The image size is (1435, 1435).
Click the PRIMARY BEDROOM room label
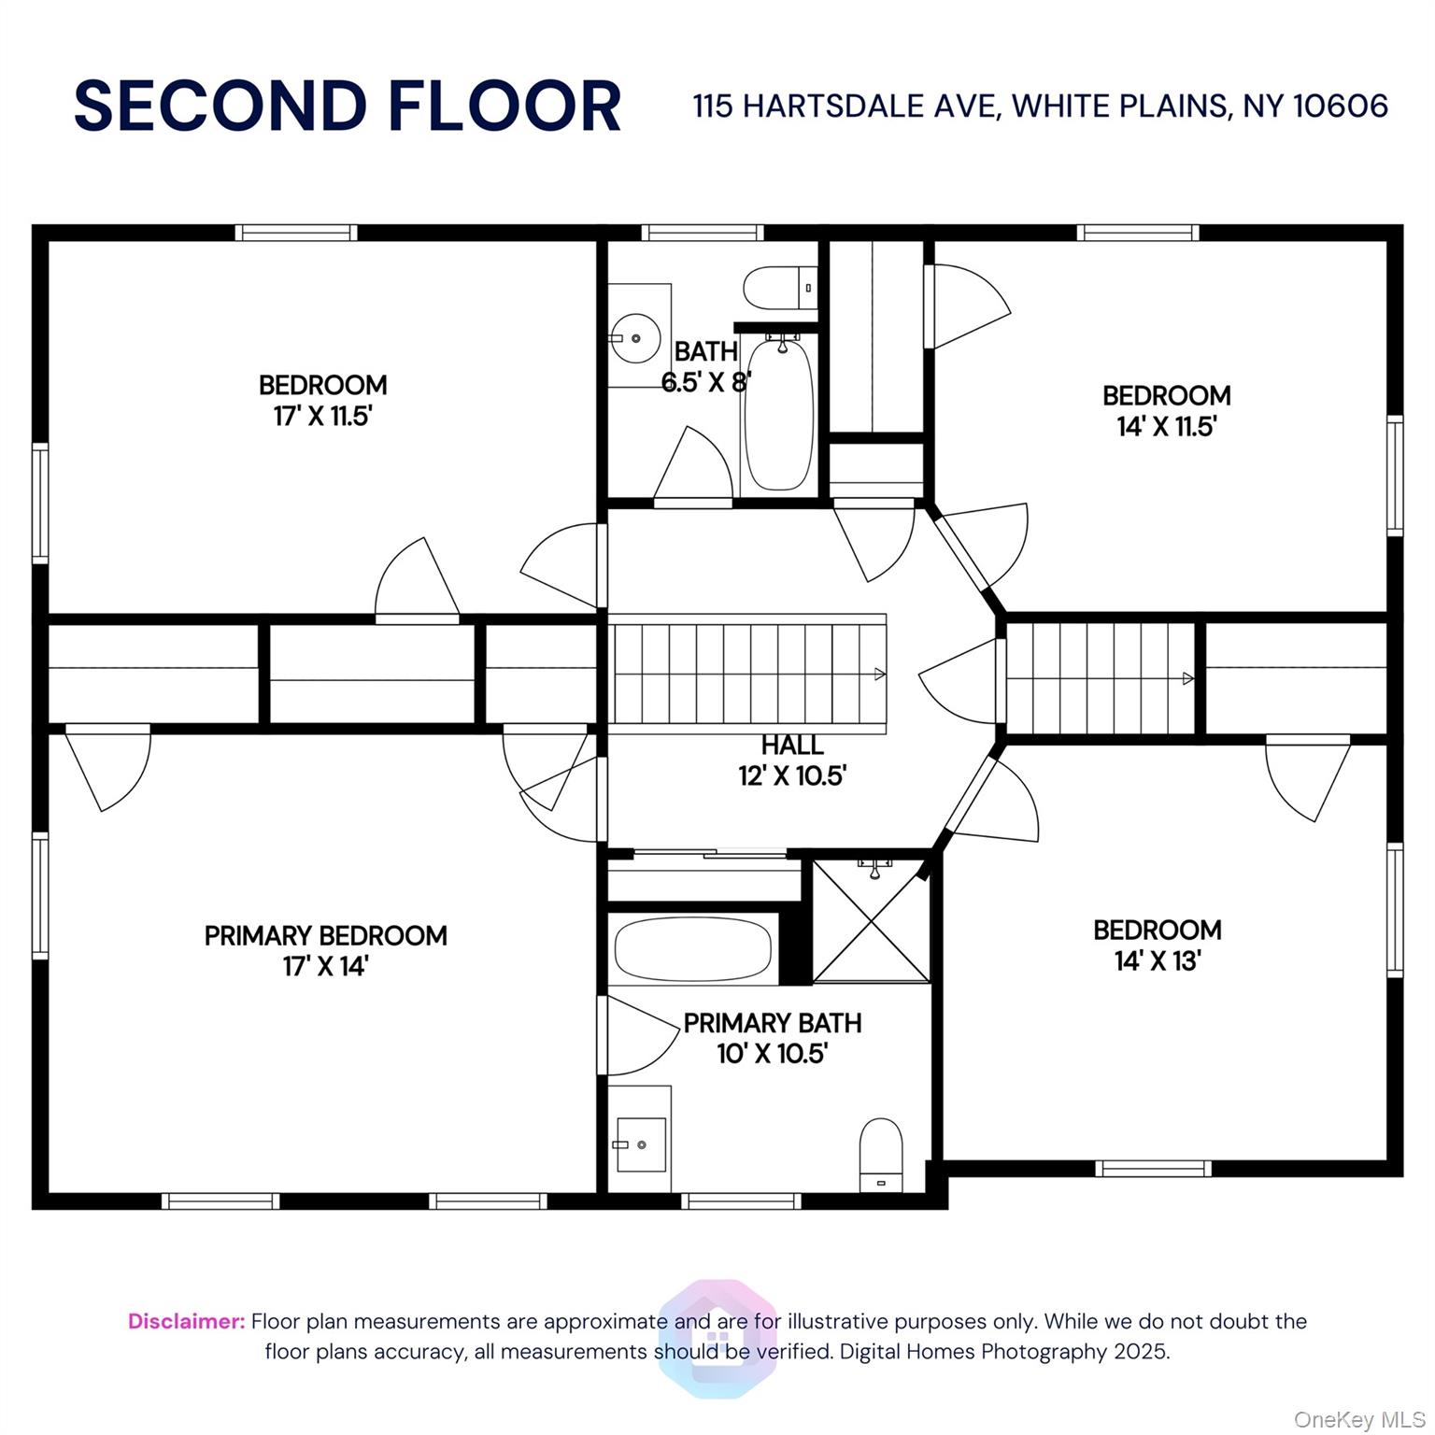tap(325, 935)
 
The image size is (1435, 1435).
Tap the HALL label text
tap(792, 745)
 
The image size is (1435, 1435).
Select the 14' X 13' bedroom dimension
tap(1157, 960)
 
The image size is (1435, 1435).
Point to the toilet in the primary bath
tap(880, 1155)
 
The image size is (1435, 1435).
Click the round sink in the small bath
tap(635, 339)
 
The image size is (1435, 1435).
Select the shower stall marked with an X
tap(872, 920)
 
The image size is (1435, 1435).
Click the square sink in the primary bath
tap(641, 1144)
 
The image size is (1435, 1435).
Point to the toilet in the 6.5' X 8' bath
tap(781, 288)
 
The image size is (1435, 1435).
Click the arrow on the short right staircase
tap(1187, 678)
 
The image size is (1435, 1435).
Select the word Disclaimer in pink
tap(187, 1321)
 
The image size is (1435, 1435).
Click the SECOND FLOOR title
tap(348, 106)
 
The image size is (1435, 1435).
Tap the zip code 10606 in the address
tap(1341, 106)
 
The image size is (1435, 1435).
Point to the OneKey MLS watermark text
tap(1359, 1420)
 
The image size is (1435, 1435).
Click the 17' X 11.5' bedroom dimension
tap(323, 416)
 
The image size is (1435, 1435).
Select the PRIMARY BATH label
tap(773, 1023)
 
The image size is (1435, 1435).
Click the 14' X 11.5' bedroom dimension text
tap(1167, 426)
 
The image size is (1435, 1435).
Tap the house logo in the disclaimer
tap(717, 1339)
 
